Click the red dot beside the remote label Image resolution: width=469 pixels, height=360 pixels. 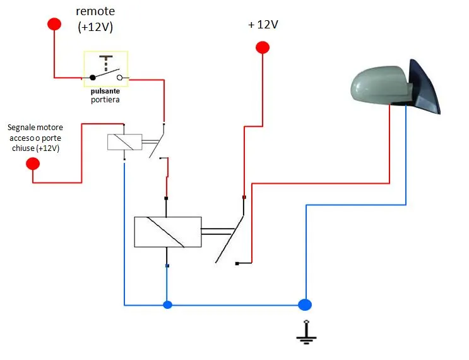pyautogui.click(x=54, y=24)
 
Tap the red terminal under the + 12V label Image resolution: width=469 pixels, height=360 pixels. pyautogui.click(x=263, y=47)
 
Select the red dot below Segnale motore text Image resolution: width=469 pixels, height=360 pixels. pyautogui.click(x=33, y=164)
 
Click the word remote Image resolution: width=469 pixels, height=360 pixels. pyautogui.click(x=95, y=11)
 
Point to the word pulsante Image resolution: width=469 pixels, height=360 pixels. pyautogui.click(x=105, y=91)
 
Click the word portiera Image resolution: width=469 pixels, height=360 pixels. pyautogui.click(x=105, y=100)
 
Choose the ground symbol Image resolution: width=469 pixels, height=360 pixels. pyautogui.click(x=306, y=332)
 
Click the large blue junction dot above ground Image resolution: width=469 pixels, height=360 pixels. pyautogui.click(x=305, y=305)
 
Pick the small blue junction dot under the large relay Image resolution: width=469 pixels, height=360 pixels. pyautogui.click(x=167, y=305)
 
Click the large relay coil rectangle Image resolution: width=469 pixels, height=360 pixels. pyautogui.click(x=168, y=232)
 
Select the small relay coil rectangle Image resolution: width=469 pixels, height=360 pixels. pyautogui.click(x=125, y=142)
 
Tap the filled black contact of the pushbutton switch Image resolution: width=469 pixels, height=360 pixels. pyautogui.click(x=93, y=78)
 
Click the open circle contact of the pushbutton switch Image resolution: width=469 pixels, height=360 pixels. pyautogui.click(x=120, y=78)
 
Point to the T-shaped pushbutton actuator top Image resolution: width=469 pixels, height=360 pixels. pyautogui.click(x=106, y=57)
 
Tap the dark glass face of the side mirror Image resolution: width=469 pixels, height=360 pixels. pyautogui.click(x=425, y=87)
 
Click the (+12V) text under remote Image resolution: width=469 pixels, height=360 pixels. pyautogui.click(x=95, y=27)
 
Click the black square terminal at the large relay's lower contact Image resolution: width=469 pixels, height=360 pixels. pyautogui.click(x=237, y=263)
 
